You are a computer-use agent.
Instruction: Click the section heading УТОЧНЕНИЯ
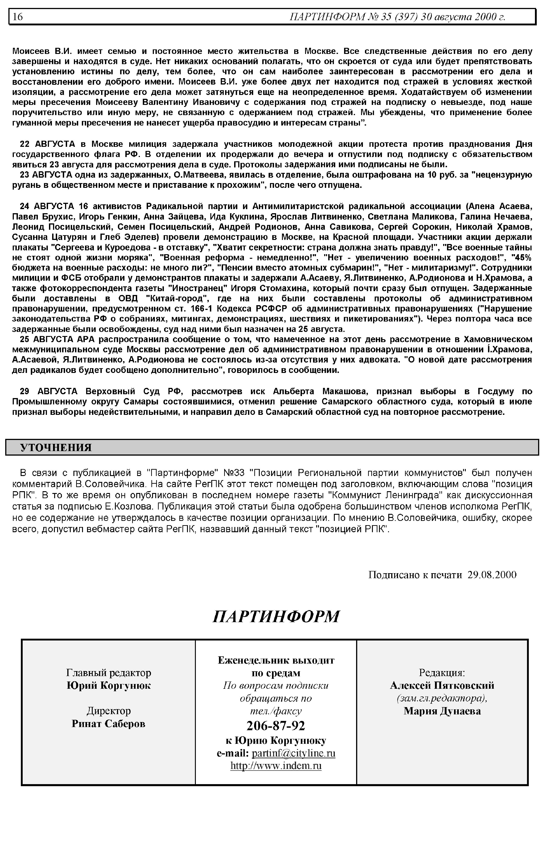(x=56, y=448)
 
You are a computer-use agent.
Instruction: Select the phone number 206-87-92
(x=276, y=725)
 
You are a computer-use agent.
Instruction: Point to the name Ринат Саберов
(x=108, y=723)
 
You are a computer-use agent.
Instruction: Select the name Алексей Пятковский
(x=442, y=685)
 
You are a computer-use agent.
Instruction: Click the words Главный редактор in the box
(x=108, y=673)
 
